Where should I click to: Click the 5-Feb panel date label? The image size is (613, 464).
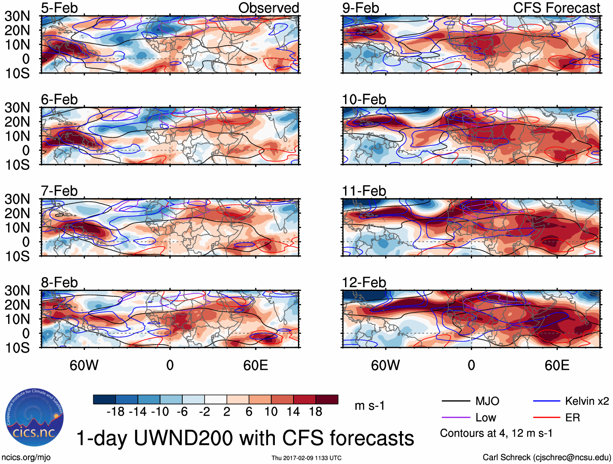point(59,8)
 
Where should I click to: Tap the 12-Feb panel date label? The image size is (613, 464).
point(364,282)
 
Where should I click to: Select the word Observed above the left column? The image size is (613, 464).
point(268,8)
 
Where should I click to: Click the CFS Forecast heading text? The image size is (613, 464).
point(556,8)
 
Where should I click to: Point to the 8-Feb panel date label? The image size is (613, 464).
point(59,282)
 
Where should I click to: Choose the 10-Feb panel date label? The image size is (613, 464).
point(364,100)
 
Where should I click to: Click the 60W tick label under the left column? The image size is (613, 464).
point(84,365)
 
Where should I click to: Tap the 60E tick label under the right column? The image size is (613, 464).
point(557,365)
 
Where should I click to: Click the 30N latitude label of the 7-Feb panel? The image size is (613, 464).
point(17,199)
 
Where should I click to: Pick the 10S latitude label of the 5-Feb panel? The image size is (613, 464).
point(17,74)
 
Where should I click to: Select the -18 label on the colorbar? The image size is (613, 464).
point(115,412)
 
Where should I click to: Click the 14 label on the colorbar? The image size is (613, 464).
point(293,412)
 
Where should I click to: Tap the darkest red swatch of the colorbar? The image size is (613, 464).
point(327,399)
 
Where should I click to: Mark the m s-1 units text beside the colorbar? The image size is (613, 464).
point(369,405)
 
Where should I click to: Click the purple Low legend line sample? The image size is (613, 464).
point(455,418)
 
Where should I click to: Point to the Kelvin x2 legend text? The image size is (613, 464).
point(587,401)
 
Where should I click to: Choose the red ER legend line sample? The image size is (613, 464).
point(546,418)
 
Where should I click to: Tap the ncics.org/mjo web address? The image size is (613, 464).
point(26,457)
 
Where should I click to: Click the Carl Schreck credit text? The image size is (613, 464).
point(546,457)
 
